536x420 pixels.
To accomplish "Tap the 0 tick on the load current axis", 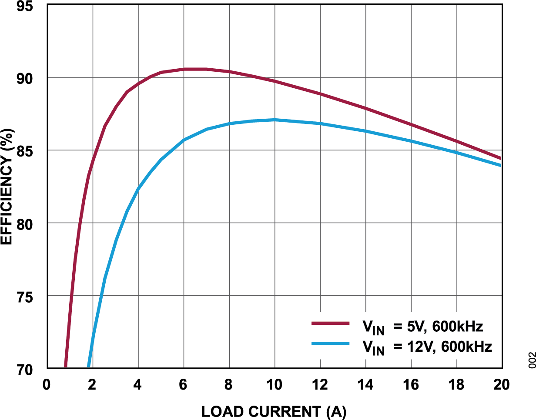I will point(47,385).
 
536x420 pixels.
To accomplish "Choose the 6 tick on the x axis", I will point(183,385).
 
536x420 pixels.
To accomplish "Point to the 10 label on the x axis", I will point(274,385).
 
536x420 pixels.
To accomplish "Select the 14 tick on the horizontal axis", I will point(365,385).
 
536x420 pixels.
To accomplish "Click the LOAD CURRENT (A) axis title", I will point(274,411).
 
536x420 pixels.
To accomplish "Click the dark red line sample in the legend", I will point(331,323).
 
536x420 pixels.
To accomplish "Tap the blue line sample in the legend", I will point(331,343).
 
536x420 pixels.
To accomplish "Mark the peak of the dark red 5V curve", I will point(194,69).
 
